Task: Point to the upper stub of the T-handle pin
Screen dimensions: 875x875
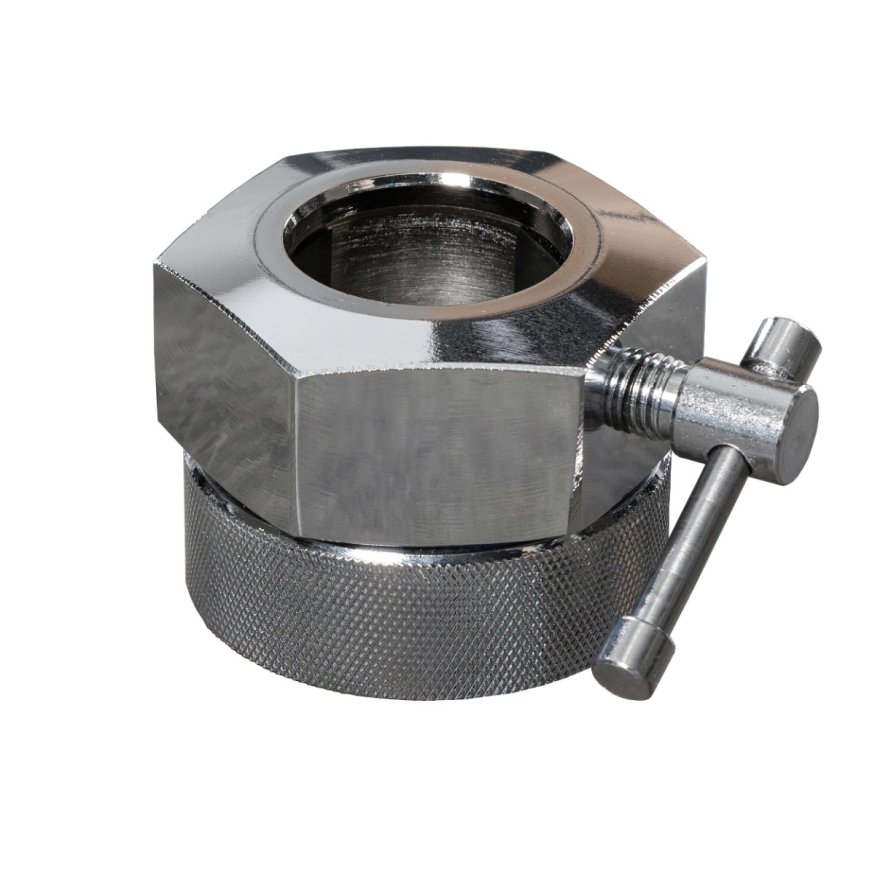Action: [785, 345]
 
